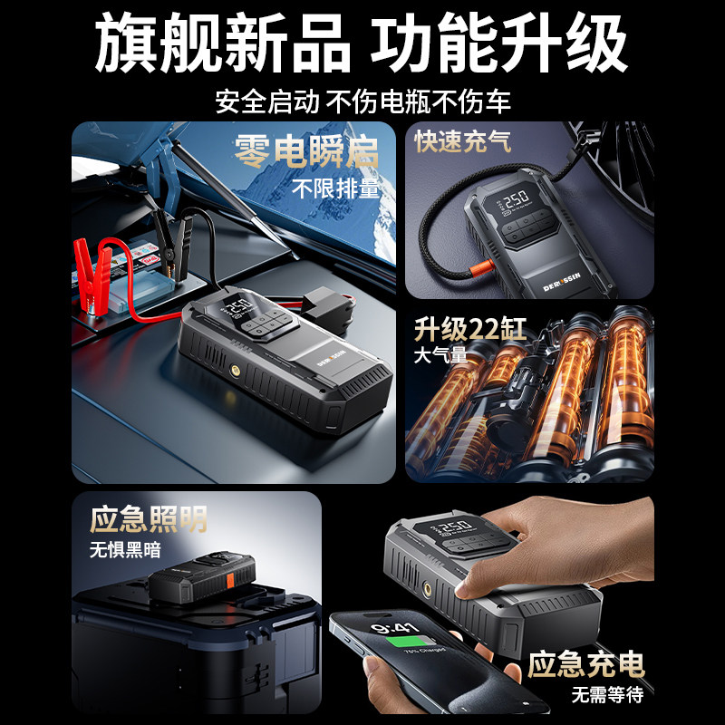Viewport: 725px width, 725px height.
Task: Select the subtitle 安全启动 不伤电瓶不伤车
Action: coord(362,101)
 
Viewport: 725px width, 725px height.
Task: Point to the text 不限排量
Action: coord(336,189)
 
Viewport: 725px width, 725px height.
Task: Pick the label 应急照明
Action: coord(149,519)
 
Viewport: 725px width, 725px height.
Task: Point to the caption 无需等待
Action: coord(606,696)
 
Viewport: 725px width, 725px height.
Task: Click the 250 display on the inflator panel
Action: coord(516,198)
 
